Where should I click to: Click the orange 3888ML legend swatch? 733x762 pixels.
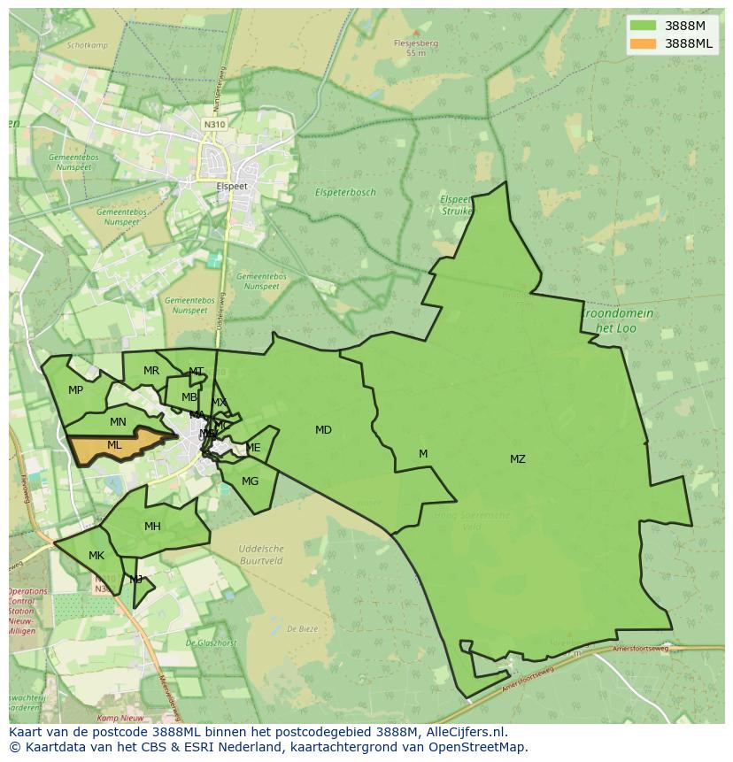pyautogui.click(x=644, y=43)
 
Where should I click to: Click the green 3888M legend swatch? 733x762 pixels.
pyautogui.click(x=644, y=26)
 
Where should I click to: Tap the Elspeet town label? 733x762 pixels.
pyautogui.click(x=232, y=187)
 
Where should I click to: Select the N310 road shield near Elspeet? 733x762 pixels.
pyautogui.click(x=214, y=125)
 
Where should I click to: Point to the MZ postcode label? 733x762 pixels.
pyautogui.click(x=518, y=458)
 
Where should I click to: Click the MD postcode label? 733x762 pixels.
pyautogui.click(x=323, y=430)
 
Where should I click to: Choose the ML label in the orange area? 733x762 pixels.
pyautogui.click(x=114, y=445)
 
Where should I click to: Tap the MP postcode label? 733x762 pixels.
pyautogui.click(x=75, y=390)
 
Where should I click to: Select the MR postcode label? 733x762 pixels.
pyautogui.click(x=151, y=371)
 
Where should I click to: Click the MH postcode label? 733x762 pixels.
pyautogui.click(x=152, y=527)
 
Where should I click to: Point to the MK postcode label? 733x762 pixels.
pyautogui.click(x=96, y=556)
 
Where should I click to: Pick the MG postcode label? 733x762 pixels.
pyautogui.click(x=250, y=481)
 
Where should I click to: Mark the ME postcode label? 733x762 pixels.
pyautogui.click(x=253, y=448)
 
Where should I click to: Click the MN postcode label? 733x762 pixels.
pyautogui.click(x=118, y=422)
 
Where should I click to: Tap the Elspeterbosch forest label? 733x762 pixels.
pyautogui.click(x=345, y=192)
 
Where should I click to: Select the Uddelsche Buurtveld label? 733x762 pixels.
pyautogui.click(x=261, y=555)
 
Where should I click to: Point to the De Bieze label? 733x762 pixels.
pyautogui.click(x=302, y=629)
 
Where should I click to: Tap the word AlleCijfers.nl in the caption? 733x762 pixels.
pyautogui.click(x=464, y=732)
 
